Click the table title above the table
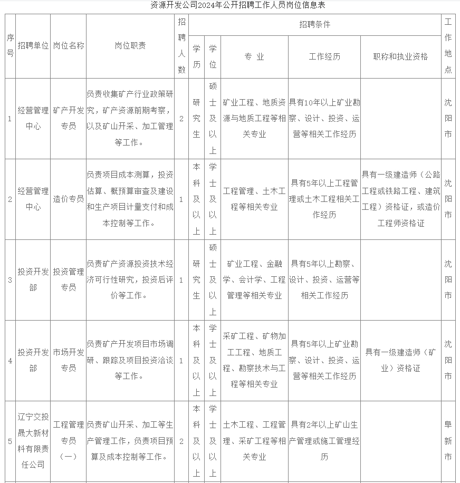pyautogui.click(x=230, y=6)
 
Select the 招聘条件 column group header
pyautogui.click(x=314, y=25)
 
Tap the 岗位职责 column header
pyautogui.click(x=130, y=46)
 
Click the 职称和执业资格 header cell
pyautogui.click(x=400, y=57)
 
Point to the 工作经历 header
pyautogui.click(x=324, y=57)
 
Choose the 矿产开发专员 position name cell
pyautogui.click(x=69, y=118)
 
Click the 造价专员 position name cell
pyautogui.click(x=69, y=199)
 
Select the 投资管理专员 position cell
pyautogui.click(x=69, y=279)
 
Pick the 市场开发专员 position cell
pyautogui.click(x=69, y=360)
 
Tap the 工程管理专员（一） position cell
pyautogui.click(x=69, y=440)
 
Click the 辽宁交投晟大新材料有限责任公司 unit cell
pyautogui.click(x=33, y=440)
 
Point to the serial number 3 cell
pyautogui.click(x=10, y=279)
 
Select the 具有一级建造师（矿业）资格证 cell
pyautogui.click(x=400, y=360)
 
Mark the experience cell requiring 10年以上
pyautogui.click(x=324, y=118)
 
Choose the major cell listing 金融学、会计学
pyautogui.click(x=254, y=279)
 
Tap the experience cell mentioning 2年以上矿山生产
pyautogui.click(x=324, y=440)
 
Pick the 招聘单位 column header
pyautogui.click(x=33, y=46)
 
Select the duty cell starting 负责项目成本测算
pyautogui.click(x=130, y=199)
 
